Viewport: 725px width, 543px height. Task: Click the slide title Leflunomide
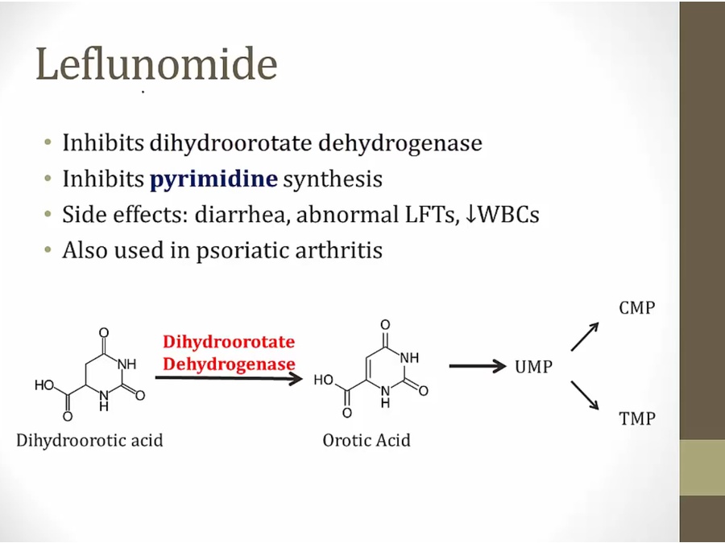[x=156, y=64]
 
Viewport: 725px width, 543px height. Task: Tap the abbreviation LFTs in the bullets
[x=435, y=215]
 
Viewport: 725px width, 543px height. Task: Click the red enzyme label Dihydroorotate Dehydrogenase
[x=229, y=352]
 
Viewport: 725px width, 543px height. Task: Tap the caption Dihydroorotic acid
[x=89, y=440]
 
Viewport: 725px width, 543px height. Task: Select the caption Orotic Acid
[x=367, y=440]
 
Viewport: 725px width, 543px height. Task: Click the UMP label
[x=533, y=367]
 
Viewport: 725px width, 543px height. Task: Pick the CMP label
[x=637, y=308]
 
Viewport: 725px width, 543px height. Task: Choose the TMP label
[x=637, y=418]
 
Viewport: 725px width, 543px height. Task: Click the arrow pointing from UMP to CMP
[x=585, y=336]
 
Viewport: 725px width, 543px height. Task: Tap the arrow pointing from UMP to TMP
[x=585, y=395]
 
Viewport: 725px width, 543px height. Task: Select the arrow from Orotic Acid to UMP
[x=478, y=366]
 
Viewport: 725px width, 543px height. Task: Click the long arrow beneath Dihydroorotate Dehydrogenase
[x=228, y=376]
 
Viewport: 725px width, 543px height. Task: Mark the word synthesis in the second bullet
[x=333, y=179]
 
